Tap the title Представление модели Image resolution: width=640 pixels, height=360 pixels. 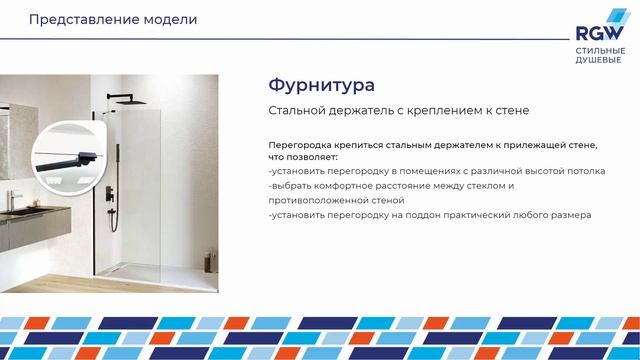pos(98,20)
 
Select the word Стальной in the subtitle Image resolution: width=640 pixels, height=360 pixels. pos(299,110)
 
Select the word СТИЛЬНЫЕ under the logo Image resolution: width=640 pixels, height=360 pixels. pos(595,52)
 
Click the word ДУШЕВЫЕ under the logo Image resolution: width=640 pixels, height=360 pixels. pos(595,63)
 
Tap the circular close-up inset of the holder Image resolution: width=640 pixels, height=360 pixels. pos(70,157)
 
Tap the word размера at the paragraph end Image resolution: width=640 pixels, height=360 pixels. pos(569,215)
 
